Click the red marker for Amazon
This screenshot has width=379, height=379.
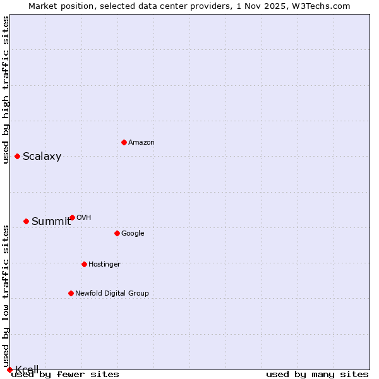[124, 142]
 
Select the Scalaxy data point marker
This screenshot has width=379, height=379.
[17, 156]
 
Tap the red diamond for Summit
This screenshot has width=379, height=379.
[26, 221]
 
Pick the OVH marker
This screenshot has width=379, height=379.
[72, 217]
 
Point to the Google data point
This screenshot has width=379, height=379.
[117, 233]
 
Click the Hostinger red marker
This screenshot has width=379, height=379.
[84, 264]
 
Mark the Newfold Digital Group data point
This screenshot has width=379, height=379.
[71, 293]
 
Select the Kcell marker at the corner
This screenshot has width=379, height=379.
[9, 370]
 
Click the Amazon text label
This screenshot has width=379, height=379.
[141, 143]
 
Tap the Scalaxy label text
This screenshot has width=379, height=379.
[42, 157]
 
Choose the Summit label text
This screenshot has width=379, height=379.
[51, 221]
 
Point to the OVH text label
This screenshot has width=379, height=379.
[84, 218]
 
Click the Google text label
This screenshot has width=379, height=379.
[133, 234]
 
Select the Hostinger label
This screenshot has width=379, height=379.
[104, 265]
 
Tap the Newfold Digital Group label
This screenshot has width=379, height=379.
[112, 294]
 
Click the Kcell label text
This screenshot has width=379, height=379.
[27, 370]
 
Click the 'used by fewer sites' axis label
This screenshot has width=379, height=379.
[66, 375]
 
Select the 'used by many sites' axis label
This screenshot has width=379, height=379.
[317, 375]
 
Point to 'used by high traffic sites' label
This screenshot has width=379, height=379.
[6, 90]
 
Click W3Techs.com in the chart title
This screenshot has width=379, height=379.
[323, 6]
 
